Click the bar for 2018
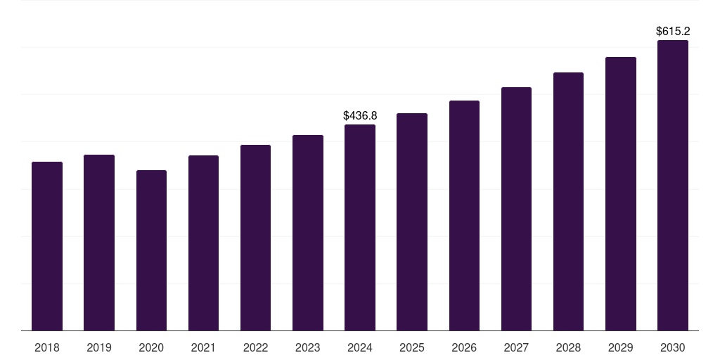click(x=47, y=246)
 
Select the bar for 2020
click(x=151, y=250)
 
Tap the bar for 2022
click(x=255, y=238)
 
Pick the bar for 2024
click(x=360, y=228)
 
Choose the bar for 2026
click(x=464, y=216)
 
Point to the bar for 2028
click(x=568, y=202)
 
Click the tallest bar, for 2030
click(x=673, y=186)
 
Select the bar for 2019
click(x=99, y=243)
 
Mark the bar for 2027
click(x=516, y=209)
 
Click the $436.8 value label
click(x=360, y=115)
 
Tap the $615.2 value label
click(x=673, y=32)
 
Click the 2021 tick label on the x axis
click(x=203, y=348)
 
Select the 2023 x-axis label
click(x=308, y=348)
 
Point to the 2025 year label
click(x=412, y=348)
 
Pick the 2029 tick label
click(x=621, y=348)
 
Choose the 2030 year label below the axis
click(x=673, y=348)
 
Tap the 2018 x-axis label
click(x=47, y=348)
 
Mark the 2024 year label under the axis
click(x=360, y=348)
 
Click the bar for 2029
click(x=621, y=194)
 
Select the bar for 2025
click(x=412, y=222)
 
